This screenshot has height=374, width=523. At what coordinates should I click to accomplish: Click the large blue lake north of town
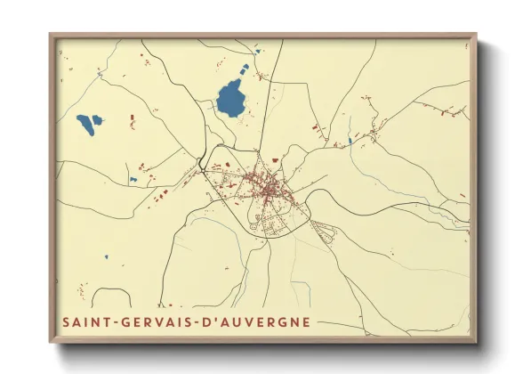(x=232, y=96)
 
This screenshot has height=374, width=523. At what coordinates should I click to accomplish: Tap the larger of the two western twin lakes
(x=86, y=122)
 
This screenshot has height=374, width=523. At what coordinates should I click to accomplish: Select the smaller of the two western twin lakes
(x=97, y=118)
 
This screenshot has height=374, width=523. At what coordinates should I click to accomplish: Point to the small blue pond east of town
(x=350, y=141)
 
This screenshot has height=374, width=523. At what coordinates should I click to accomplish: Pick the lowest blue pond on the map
(x=106, y=257)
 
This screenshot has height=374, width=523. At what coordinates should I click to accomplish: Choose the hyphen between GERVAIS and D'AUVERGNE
(x=198, y=322)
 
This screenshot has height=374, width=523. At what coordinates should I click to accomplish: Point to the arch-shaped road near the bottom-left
(x=110, y=295)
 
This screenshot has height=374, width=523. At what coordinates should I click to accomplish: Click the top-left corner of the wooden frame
(x=50, y=35)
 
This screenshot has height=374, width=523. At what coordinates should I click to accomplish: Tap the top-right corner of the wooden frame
(x=476, y=35)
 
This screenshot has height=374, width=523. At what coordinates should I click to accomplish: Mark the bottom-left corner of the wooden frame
(x=50, y=343)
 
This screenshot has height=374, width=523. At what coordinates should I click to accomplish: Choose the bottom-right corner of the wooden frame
(x=476, y=343)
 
